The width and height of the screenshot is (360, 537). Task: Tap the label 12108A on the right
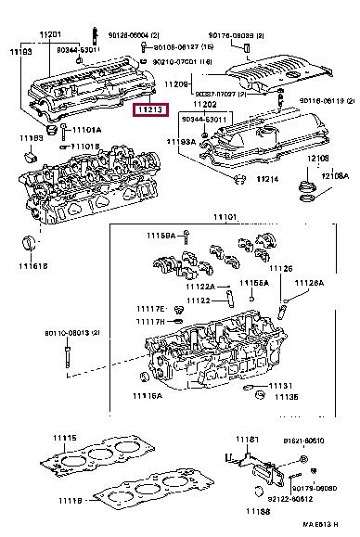coord(335,175)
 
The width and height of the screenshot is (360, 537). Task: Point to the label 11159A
coord(160,237)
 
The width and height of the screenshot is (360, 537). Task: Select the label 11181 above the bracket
coord(246,439)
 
